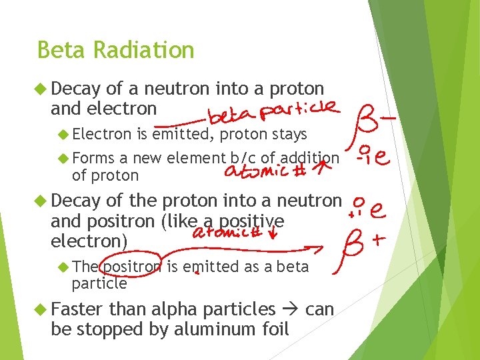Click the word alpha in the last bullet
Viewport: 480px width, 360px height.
tap(176, 309)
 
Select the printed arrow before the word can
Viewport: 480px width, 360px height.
tap(291, 309)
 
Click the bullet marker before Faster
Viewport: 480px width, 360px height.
tap(41, 309)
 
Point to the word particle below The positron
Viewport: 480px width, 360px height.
tap(99, 283)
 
